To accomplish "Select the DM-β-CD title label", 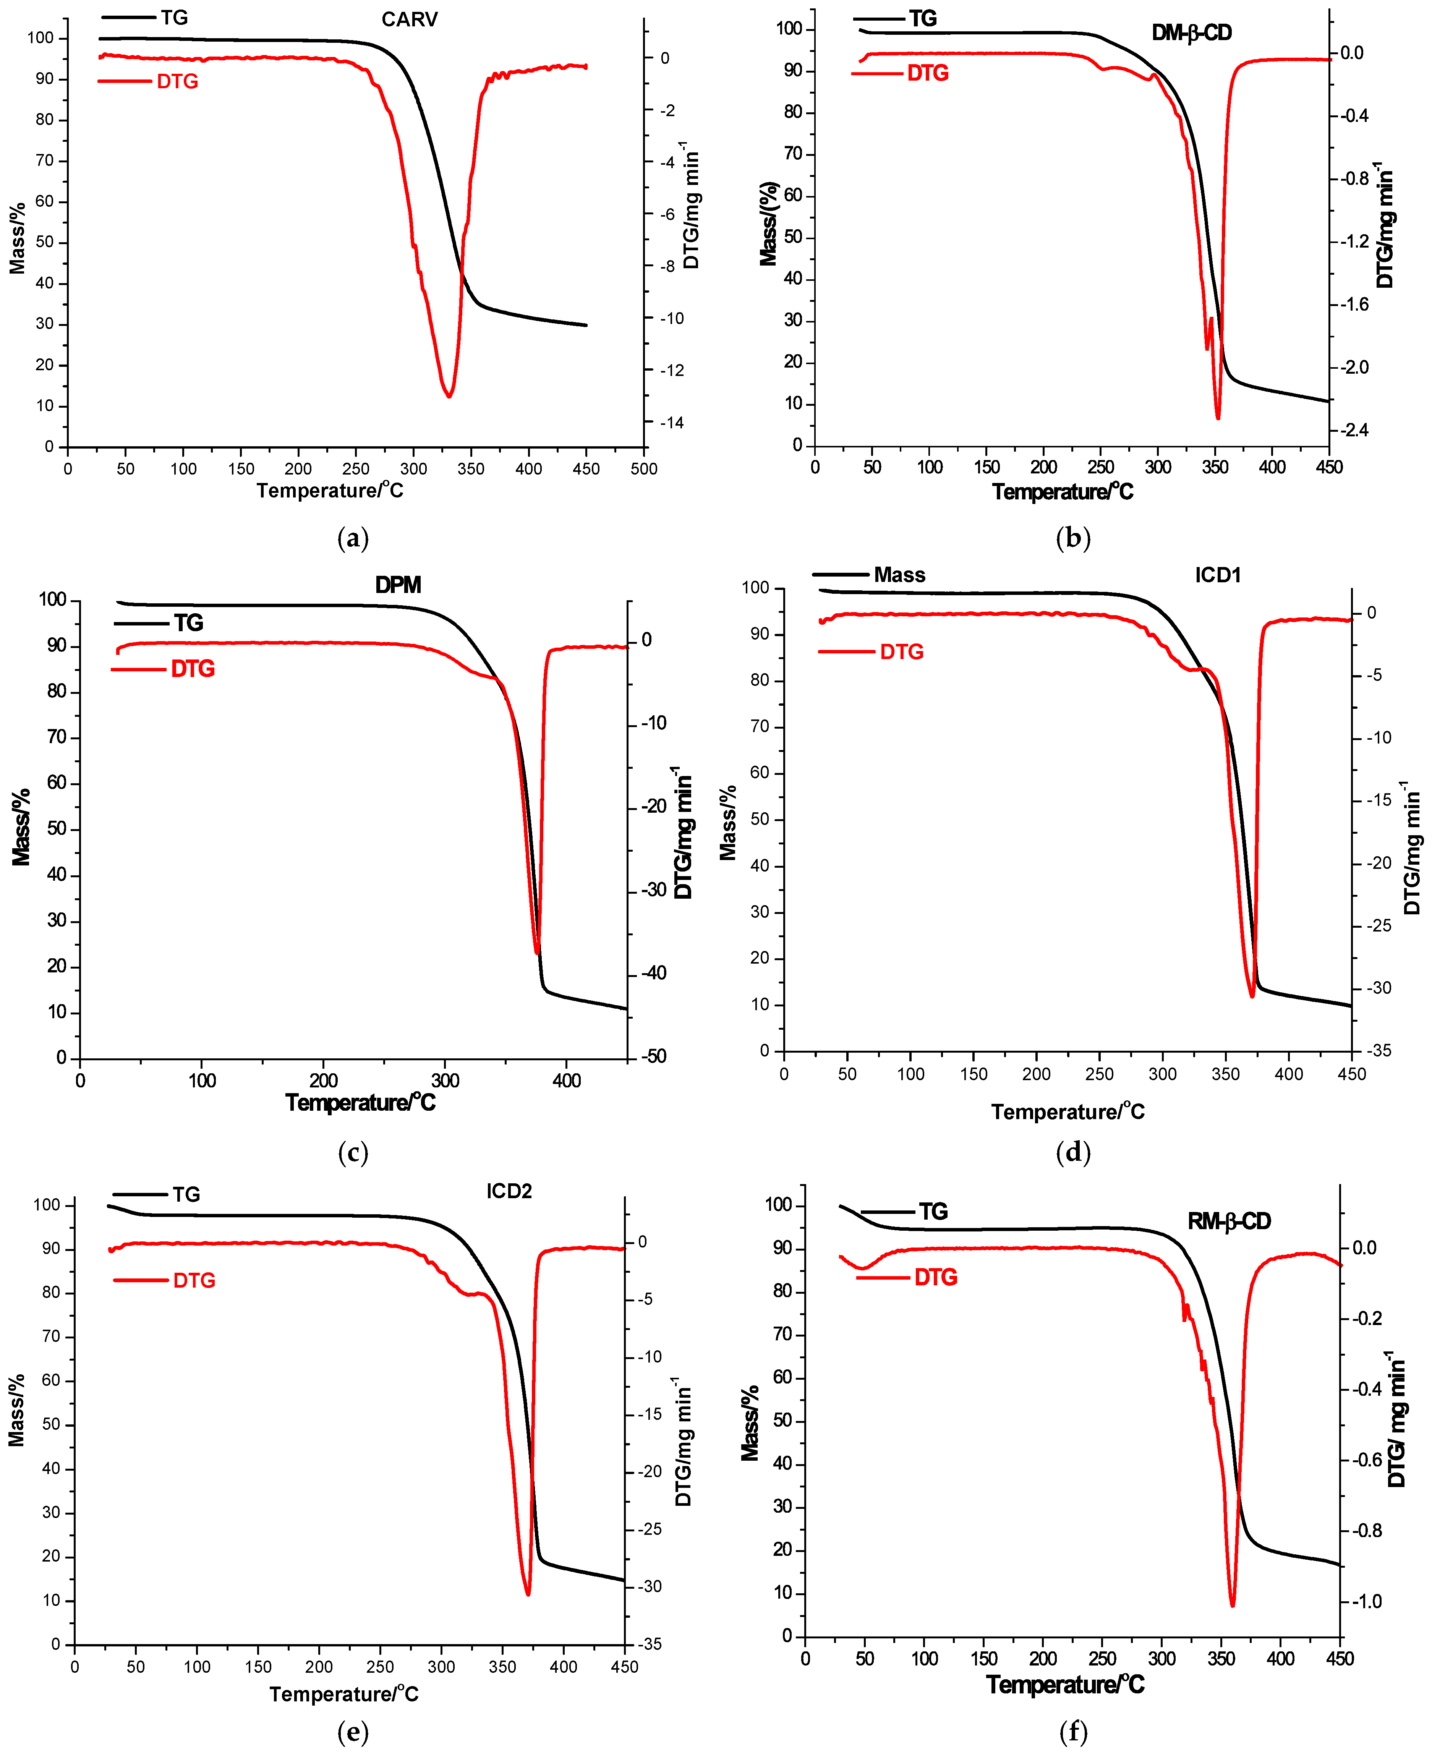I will [x=1191, y=33].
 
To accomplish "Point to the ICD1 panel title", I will [x=1218, y=575].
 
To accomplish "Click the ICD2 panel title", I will [x=509, y=1191].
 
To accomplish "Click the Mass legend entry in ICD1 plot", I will [x=899, y=575].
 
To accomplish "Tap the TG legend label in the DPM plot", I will [x=188, y=623].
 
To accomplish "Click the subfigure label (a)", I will [x=353, y=539].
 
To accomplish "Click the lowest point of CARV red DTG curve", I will [x=449, y=397].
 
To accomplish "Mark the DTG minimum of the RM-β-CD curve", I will [x=1233, y=1606].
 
